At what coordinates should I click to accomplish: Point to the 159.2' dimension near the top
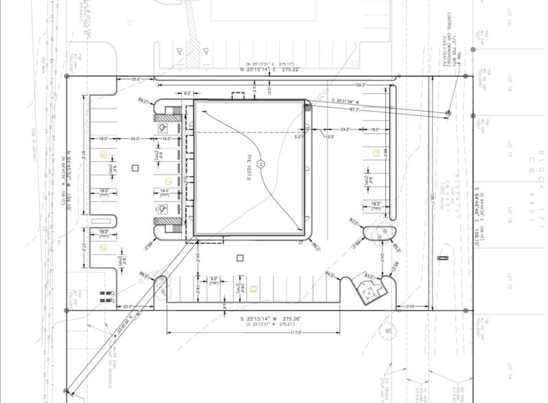coord(360,85)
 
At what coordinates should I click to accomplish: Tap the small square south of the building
coord(240,258)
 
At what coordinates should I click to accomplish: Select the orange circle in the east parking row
coord(374,153)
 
